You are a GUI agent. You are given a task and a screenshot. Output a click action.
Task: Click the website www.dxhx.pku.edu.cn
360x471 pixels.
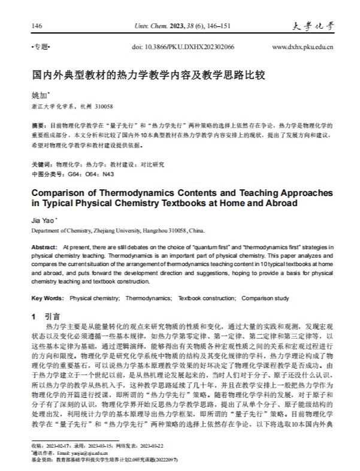click(302, 46)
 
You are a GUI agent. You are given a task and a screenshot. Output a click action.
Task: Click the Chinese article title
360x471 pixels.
click(148, 77)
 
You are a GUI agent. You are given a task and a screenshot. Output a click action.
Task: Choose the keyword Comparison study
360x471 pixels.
click(267, 298)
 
